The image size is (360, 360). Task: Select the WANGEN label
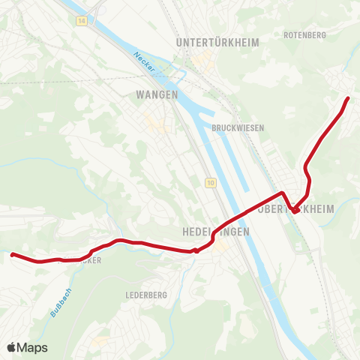tap(157, 94)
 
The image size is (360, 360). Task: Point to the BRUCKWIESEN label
tap(238, 128)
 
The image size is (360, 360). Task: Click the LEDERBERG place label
tap(146, 295)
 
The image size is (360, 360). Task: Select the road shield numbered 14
tap(80, 22)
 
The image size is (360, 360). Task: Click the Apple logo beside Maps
tap(12, 347)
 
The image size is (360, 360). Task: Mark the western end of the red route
tap(13, 255)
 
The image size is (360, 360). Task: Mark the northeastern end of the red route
tap(348, 99)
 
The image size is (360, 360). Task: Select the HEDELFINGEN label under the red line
tap(215, 232)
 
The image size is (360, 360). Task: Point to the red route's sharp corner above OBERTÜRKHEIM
tap(282, 193)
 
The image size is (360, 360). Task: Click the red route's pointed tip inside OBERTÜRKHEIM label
tap(296, 212)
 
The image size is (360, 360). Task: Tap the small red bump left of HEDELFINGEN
tap(196, 251)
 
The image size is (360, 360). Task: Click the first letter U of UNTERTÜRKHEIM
tap(178, 43)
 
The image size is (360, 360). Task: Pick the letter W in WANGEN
tap(140, 94)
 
